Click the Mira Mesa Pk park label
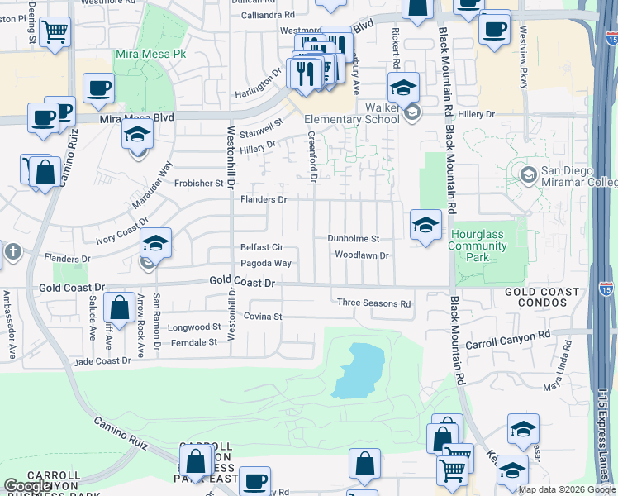tap(152, 54)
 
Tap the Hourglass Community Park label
tap(477, 246)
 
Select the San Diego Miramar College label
tap(578, 176)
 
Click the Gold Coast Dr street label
tap(241, 282)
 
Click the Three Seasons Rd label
tap(373, 303)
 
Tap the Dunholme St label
tap(354, 238)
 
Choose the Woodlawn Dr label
tap(361, 255)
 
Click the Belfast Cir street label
tap(262, 246)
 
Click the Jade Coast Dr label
tap(102, 360)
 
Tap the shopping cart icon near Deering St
tap(55, 33)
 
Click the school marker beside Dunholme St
tap(425, 225)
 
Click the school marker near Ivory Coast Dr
tap(154, 244)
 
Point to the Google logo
tap(28, 486)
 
